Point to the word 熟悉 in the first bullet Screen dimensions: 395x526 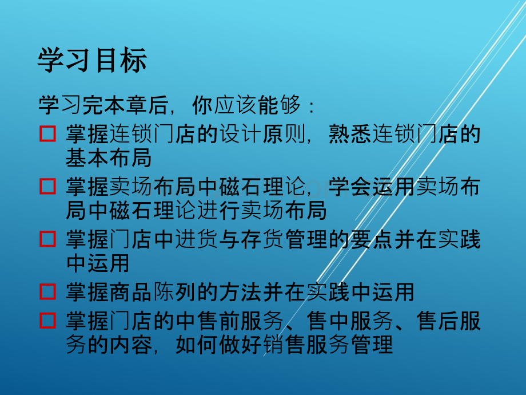click(x=350, y=135)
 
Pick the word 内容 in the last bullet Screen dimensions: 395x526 click(x=130, y=345)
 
